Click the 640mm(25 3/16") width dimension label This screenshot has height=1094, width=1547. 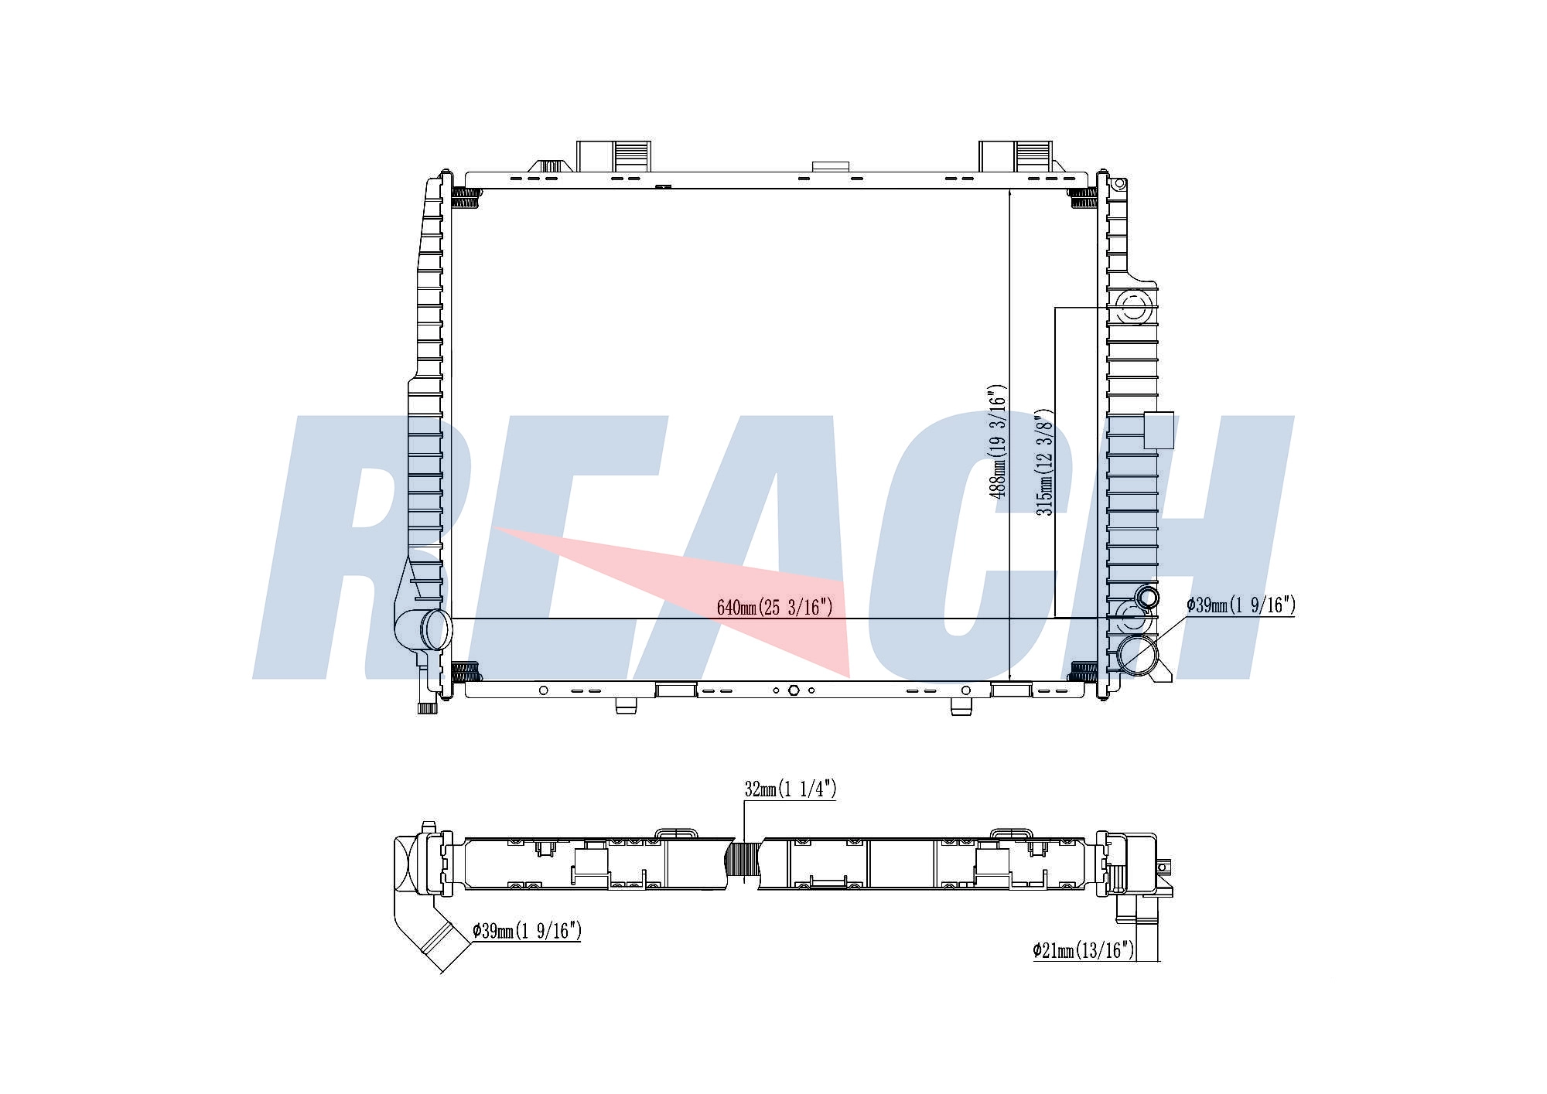(774, 607)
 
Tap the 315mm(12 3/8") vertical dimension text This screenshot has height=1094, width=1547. (1044, 462)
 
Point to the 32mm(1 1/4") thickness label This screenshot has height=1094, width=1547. (790, 789)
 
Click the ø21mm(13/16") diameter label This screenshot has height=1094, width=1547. (1083, 949)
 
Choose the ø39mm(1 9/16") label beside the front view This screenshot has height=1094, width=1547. (1241, 605)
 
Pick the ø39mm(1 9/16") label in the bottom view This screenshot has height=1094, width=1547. (527, 931)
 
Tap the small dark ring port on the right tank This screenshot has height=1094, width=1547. (1147, 597)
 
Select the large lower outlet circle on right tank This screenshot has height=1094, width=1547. (1136, 655)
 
